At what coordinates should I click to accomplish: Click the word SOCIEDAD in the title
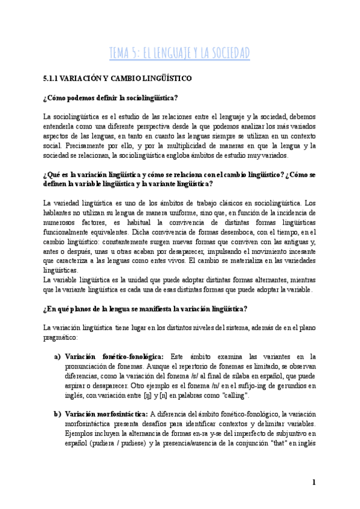tap(229, 53)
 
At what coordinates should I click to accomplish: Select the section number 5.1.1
tap(55, 78)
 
